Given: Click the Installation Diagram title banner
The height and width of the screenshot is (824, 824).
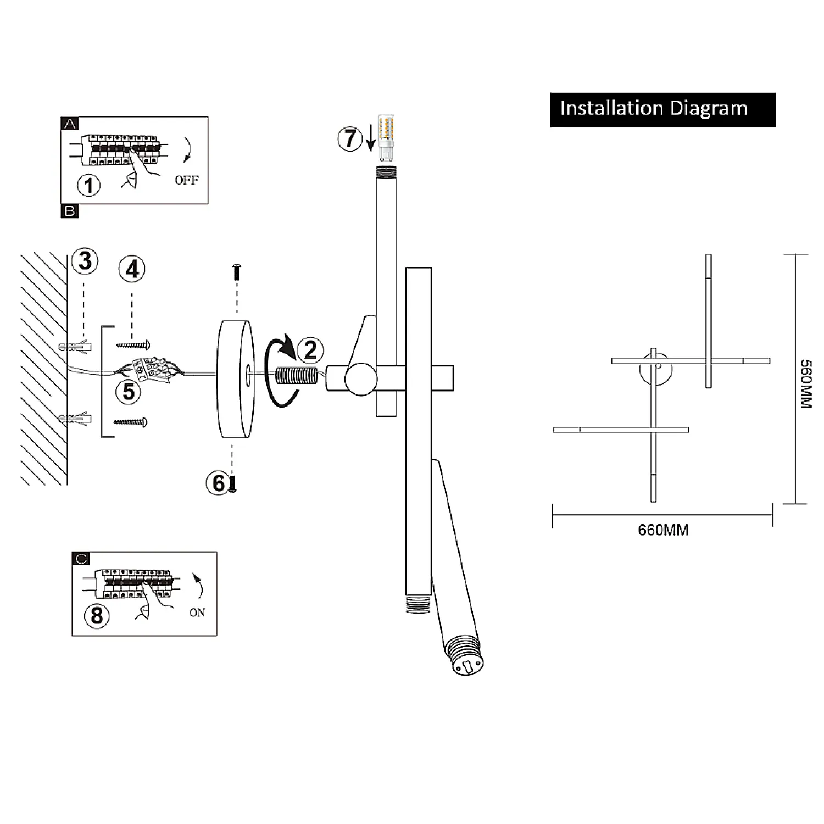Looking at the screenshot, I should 662,109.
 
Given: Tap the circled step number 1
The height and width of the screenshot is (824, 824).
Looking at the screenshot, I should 89,185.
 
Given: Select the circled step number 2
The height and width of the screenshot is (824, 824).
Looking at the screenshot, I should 310,350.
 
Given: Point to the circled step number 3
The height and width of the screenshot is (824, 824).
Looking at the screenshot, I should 85,261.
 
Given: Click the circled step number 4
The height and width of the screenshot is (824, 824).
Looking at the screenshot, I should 132,270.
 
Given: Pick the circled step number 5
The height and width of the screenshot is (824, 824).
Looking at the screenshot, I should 129,392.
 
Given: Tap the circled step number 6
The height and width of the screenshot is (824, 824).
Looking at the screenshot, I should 218,483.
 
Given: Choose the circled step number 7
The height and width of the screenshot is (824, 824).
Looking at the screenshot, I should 350,138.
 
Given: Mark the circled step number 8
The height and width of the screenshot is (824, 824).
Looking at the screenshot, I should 97,615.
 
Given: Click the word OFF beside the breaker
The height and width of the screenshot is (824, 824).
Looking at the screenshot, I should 187,180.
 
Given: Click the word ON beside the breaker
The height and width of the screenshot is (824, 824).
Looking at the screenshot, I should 197,613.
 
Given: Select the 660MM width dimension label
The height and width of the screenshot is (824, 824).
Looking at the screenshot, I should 663,530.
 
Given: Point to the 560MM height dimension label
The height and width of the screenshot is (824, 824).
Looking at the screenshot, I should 805,384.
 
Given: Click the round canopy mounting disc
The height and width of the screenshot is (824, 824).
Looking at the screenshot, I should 236,379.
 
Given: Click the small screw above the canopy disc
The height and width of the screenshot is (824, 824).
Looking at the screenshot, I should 237,271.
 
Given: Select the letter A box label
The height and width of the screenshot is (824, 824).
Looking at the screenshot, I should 70,124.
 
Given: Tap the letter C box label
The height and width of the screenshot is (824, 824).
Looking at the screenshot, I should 81,559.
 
